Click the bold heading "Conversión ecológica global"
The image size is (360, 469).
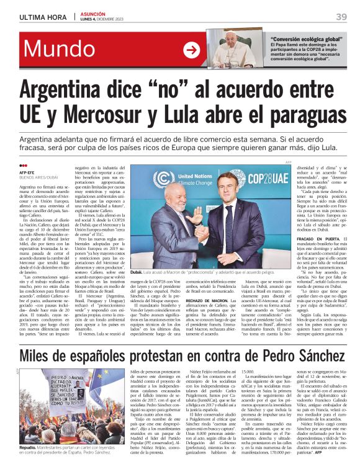(305, 39)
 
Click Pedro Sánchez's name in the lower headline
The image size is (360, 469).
(283, 355)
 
